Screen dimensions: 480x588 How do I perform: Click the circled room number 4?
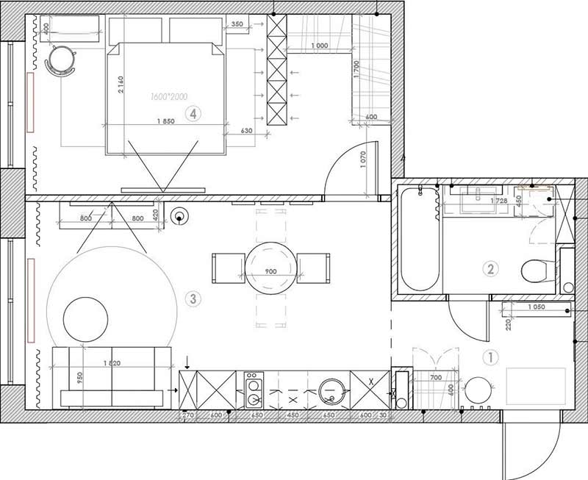pos(193,114)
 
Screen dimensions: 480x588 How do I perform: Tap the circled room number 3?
pos(193,298)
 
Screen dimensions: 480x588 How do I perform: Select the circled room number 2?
pos(491,269)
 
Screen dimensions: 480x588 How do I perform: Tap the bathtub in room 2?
pos(419,239)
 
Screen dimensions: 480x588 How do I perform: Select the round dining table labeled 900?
pos(270,268)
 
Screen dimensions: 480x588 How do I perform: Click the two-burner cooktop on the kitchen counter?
pos(254,390)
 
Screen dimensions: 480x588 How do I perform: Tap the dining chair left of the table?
pos(228,267)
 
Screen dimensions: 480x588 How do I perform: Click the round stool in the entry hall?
pos(478,390)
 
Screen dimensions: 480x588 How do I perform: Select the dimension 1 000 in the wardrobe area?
pos(319,46)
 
